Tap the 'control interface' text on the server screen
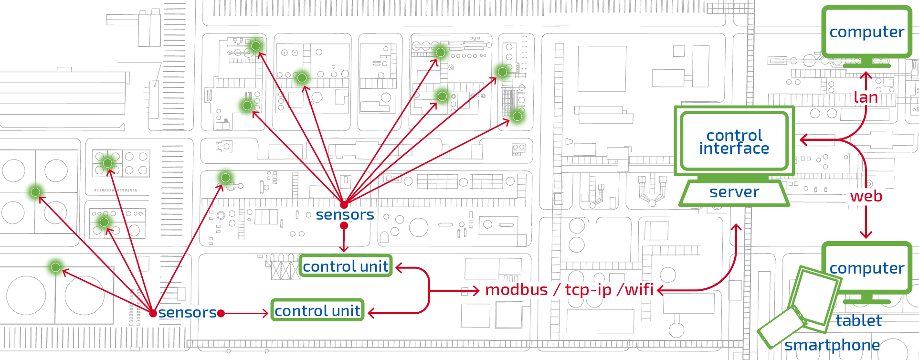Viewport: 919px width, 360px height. (734, 142)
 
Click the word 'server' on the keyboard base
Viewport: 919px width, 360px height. (734, 192)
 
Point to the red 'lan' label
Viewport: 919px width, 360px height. (866, 97)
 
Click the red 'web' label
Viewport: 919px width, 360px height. (866, 196)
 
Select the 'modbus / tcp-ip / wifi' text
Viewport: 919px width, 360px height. (570, 290)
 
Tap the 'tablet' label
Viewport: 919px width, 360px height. (858, 320)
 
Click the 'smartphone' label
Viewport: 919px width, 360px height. (832, 345)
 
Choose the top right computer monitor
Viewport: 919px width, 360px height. (866, 32)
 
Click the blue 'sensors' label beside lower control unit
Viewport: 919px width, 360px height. (188, 313)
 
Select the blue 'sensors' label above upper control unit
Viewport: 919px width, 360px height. (345, 215)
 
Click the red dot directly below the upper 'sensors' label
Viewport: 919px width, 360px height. (344, 225)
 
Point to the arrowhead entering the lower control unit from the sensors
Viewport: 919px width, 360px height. (264, 314)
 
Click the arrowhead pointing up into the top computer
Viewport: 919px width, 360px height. (866, 75)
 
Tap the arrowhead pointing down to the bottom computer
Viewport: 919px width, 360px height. (866, 234)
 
